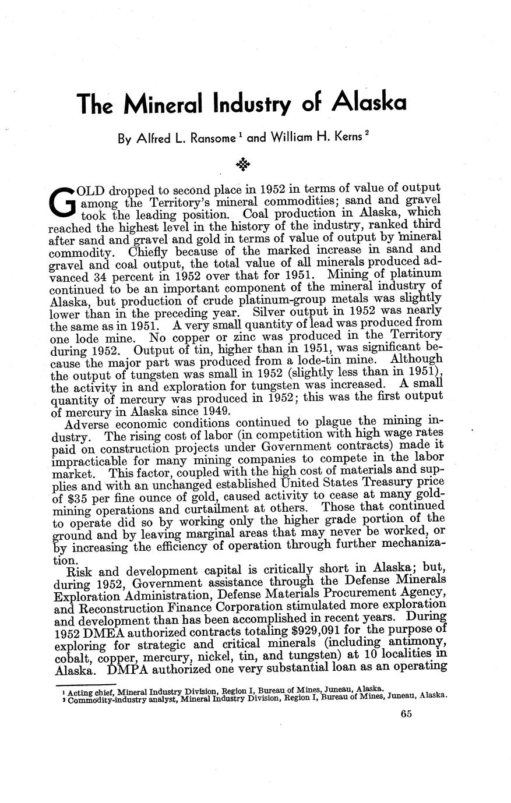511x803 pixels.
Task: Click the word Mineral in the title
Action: pos(164,104)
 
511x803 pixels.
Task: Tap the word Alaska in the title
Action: pos(369,102)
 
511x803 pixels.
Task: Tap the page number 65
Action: pos(406,714)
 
